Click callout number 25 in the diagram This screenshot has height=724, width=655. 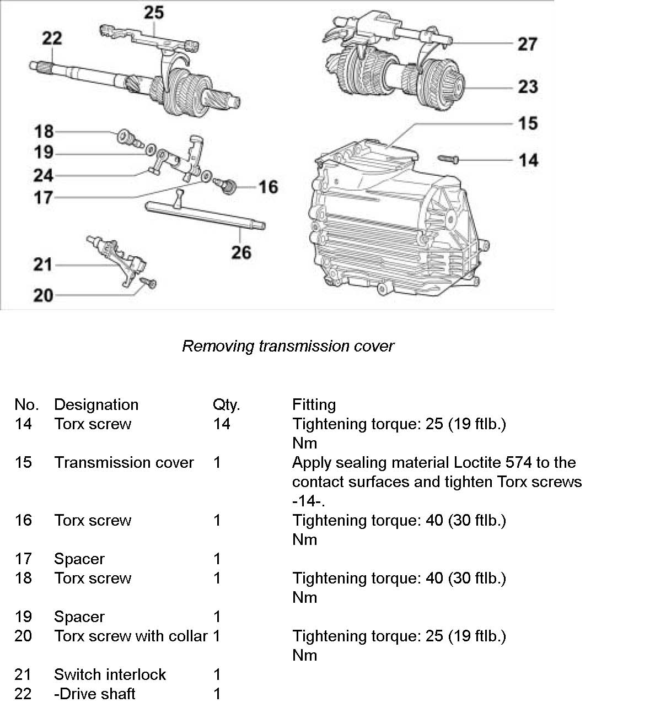point(154,12)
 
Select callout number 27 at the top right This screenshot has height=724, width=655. point(528,44)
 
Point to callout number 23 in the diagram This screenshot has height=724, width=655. point(528,86)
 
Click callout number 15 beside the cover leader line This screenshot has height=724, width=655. point(528,123)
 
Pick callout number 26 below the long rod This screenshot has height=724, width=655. point(241,252)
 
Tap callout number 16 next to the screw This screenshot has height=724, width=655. point(269,187)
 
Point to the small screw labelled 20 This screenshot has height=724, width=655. point(149,283)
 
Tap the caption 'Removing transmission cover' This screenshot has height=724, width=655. point(288,346)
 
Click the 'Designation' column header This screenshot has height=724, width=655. point(96,405)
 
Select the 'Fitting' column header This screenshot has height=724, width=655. point(314,405)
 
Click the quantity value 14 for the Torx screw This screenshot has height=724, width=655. point(221,424)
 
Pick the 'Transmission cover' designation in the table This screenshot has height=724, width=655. point(124,463)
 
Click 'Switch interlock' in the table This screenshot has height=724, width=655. point(110,675)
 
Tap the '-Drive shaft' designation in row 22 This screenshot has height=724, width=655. point(94,694)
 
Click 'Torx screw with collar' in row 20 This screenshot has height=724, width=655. point(131,636)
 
